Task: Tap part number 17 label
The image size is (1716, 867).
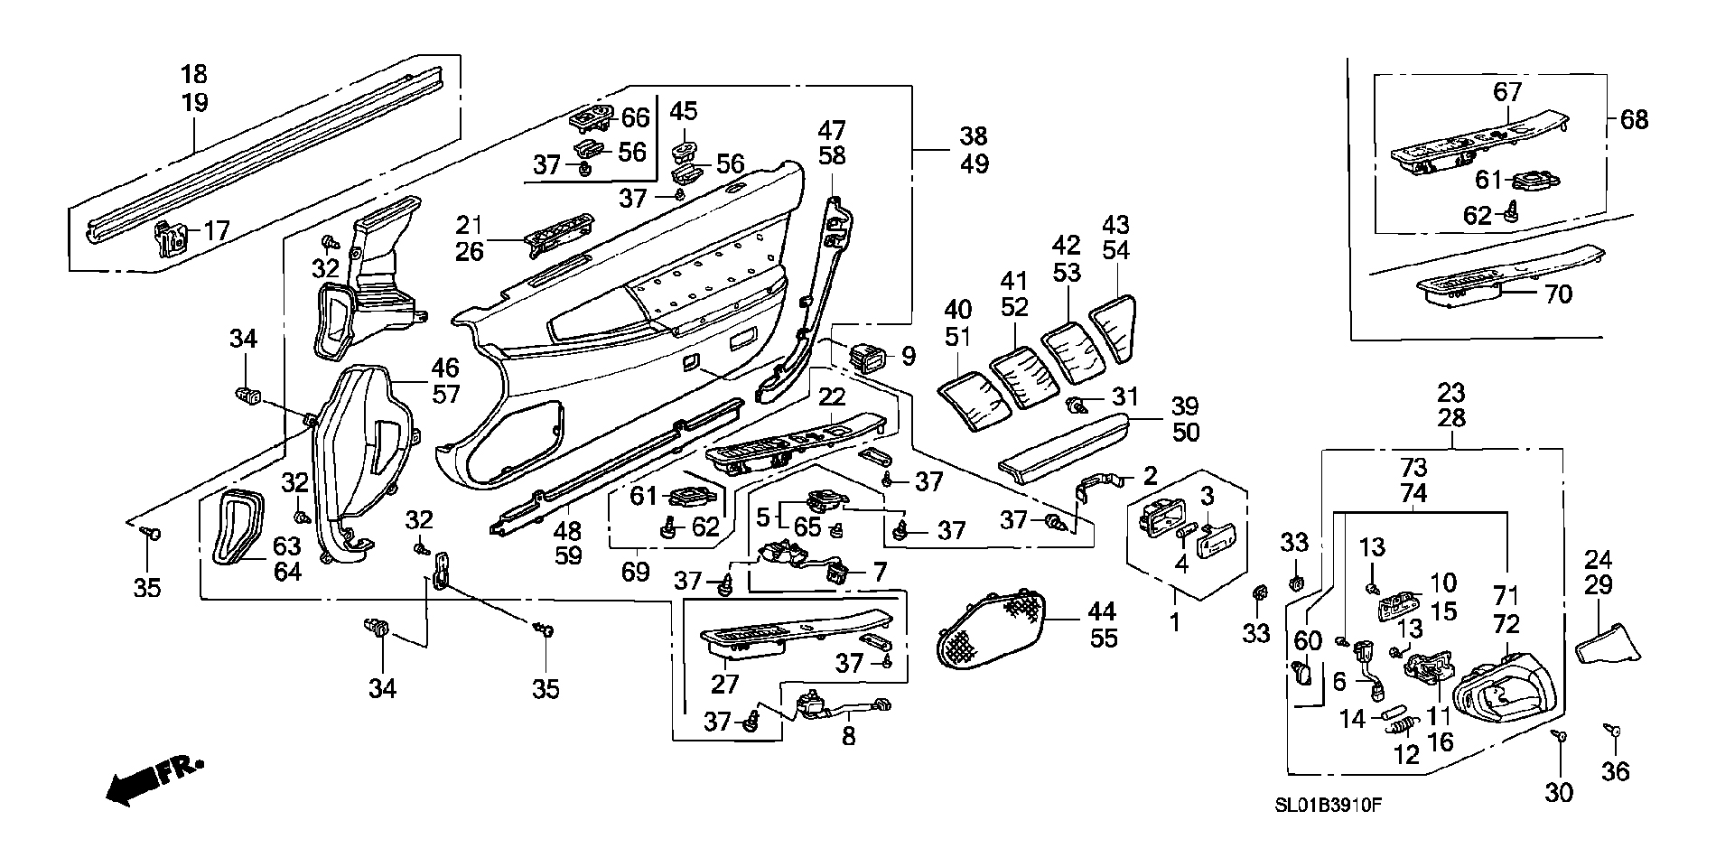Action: click(217, 231)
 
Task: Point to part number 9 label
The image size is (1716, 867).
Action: click(908, 356)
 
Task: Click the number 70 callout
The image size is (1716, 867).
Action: click(1558, 294)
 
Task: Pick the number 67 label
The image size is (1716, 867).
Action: click(1507, 92)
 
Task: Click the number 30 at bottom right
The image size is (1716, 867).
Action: click(1559, 793)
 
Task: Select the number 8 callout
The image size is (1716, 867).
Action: click(848, 737)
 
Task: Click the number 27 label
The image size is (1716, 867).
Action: click(724, 684)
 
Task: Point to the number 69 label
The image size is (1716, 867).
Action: click(636, 572)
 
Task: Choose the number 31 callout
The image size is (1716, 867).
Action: click(1125, 396)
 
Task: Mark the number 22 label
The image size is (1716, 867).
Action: click(832, 396)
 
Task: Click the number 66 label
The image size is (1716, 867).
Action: click(635, 117)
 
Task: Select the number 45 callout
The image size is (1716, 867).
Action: click(684, 111)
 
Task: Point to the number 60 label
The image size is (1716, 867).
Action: click(1307, 641)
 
